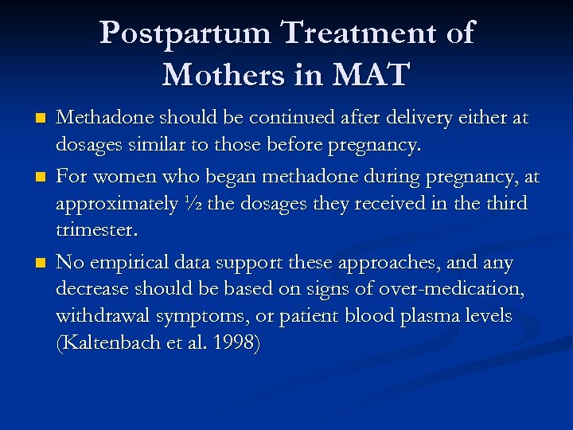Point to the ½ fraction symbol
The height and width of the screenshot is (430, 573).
[x=192, y=204]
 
